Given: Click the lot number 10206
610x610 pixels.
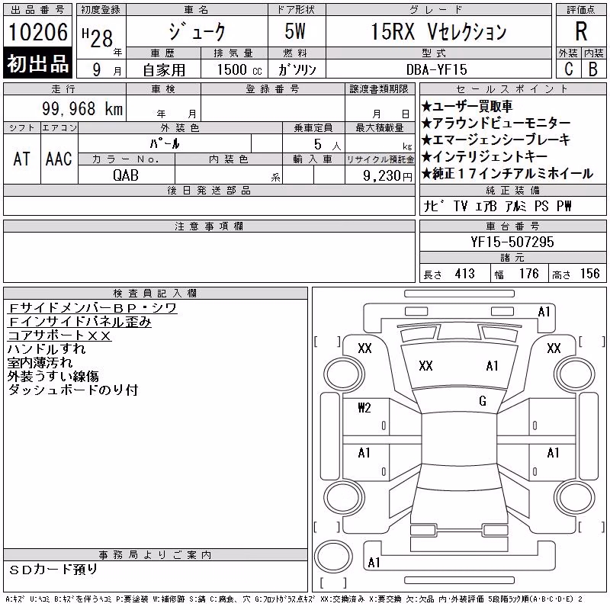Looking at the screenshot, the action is (x=38, y=32).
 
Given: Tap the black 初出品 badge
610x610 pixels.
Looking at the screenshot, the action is (x=37, y=63).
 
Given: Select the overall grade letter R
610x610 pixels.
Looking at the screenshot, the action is (x=581, y=31).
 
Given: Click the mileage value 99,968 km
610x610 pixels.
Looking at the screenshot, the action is (x=82, y=108).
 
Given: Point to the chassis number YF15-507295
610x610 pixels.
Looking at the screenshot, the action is (x=512, y=242).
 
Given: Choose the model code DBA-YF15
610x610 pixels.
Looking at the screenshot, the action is (x=436, y=69).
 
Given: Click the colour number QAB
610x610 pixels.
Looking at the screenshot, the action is (x=126, y=175).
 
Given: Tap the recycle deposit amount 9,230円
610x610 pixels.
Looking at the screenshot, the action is (x=387, y=176).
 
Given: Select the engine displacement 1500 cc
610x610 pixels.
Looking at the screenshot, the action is (x=239, y=69).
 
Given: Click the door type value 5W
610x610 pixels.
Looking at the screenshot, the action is (x=295, y=31).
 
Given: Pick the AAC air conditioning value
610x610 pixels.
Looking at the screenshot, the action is (x=59, y=159).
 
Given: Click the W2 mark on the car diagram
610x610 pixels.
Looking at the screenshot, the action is (x=364, y=407).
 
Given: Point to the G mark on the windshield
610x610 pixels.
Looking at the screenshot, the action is (x=483, y=401).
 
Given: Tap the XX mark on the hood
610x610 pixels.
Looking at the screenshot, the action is (x=425, y=366).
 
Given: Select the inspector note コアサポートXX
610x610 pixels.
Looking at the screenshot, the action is (x=59, y=335).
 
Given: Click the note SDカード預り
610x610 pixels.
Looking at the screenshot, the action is (x=53, y=570).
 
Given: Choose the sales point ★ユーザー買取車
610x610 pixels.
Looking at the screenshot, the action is (x=467, y=106).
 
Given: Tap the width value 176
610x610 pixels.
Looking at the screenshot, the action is (x=528, y=274).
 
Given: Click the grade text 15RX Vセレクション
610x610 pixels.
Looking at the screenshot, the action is (x=438, y=31).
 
